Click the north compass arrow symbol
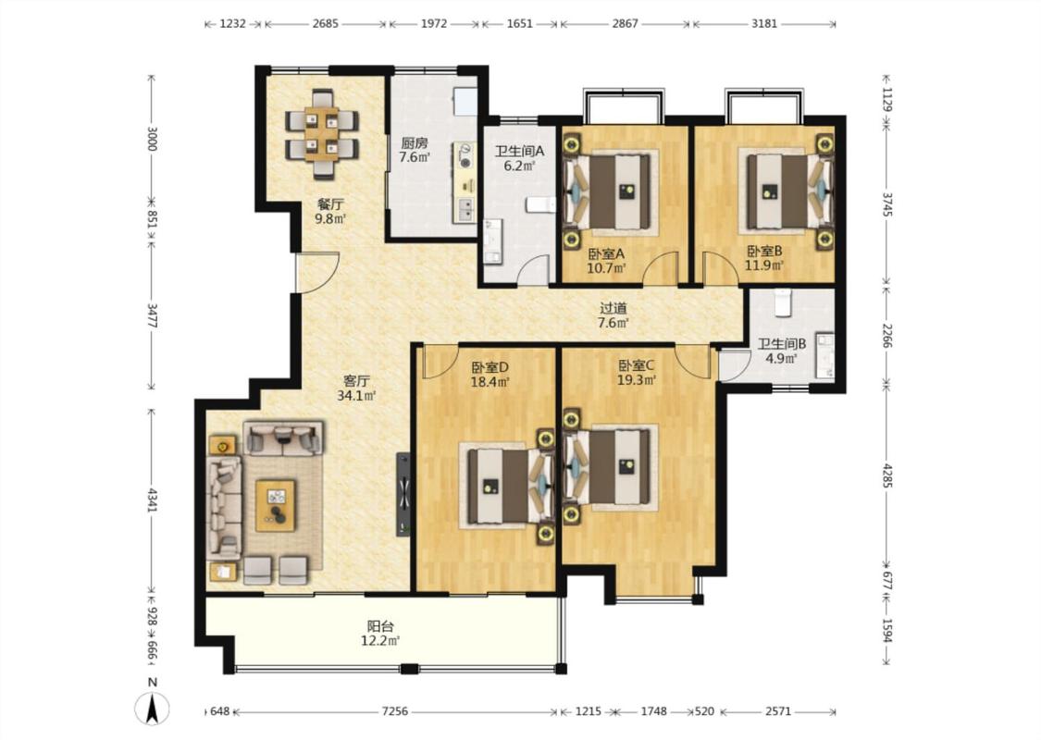(152, 708)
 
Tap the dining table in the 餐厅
(322, 134)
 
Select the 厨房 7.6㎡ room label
(415, 150)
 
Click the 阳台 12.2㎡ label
(380, 633)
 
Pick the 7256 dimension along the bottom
(395, 711)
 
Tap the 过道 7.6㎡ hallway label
(613, 316)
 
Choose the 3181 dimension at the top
(764, 24)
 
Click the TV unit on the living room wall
(403, 494)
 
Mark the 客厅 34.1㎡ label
(356, 388)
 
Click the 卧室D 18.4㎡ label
(490, 375)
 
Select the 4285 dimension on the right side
(888, 475)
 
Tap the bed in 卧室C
(611, 469)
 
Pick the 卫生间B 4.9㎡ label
(782, 351)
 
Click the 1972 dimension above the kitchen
(434, 24)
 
